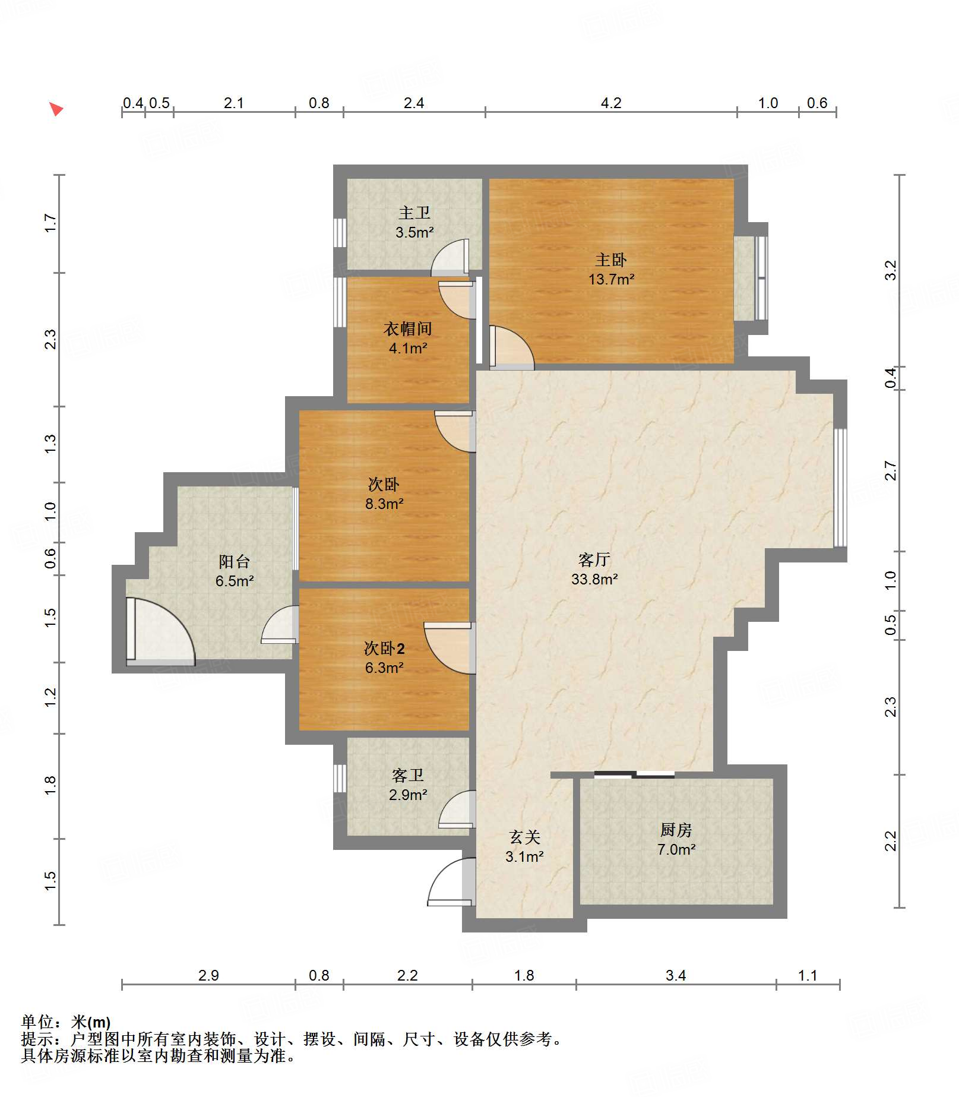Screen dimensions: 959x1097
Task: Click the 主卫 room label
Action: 414,213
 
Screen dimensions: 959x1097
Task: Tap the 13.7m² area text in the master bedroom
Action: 611,279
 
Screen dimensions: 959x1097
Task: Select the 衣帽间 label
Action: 407,328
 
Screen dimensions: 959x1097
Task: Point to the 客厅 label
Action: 594,559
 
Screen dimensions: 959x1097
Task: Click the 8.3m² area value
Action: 384,504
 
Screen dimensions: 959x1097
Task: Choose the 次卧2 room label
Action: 384,648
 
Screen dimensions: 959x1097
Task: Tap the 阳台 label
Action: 234,561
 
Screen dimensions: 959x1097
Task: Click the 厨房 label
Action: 676,830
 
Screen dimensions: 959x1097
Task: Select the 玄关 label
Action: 524,837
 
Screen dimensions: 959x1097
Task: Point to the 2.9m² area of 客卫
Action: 408,795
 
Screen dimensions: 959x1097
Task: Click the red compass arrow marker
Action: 56,109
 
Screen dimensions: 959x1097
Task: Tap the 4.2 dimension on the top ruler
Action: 610,103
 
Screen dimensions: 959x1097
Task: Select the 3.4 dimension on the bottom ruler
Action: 675,975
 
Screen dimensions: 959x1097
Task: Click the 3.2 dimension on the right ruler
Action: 890,270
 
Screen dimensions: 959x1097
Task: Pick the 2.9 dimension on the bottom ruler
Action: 208,975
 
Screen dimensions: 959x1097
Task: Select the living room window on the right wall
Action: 840,488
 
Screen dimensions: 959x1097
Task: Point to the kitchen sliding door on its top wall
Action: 634,774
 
